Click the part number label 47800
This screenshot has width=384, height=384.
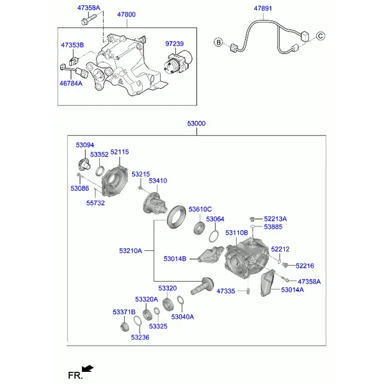pos(126,15)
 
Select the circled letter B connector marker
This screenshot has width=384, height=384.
pos(218,42)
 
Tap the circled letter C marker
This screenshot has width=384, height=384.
pos(321,36)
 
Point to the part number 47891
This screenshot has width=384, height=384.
pos(263,8)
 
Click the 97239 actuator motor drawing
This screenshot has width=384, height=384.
pos(178,63)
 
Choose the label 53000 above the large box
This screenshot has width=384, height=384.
pos(196,124)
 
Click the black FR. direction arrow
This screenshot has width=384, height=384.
pos(88,369)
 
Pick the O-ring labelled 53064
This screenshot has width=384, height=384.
pos(214,236)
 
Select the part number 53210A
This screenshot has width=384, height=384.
pos(131,251)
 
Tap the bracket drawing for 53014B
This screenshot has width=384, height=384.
pos(211,255)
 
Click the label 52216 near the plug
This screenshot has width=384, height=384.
pos(305,266)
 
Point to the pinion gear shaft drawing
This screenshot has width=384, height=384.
pos(202,286)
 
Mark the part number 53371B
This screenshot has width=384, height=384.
pos(124,312)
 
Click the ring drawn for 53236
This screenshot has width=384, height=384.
pos(138,321)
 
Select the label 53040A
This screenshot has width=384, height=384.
pos(182,317)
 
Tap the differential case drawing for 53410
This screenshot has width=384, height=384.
pos(154,204)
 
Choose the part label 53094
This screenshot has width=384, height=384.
pos(84,145)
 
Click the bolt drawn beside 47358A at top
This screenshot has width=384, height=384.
pos(88,19)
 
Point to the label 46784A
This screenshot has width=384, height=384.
pos(71,83)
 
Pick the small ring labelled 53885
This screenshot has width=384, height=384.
pos(253,227)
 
